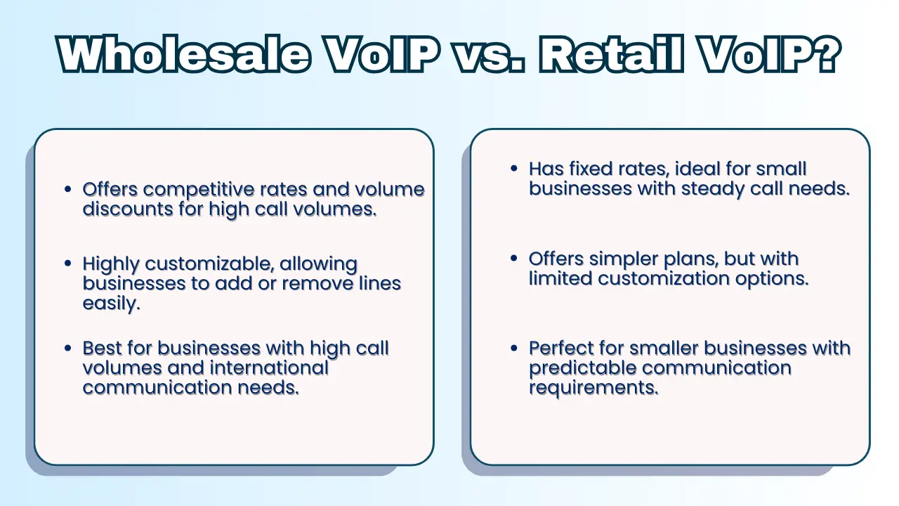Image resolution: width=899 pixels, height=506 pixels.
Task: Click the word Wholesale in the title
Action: tap(184, 55)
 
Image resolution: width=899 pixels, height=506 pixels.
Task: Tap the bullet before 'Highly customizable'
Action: tap(68, 264)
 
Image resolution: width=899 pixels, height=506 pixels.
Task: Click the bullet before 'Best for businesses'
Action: tap(68, 348)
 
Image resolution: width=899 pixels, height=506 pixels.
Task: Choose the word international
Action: tap(269, 368)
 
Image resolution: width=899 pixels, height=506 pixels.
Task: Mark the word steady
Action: tap(712, 190)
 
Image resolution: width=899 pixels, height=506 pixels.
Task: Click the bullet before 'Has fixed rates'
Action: tap(513, 168)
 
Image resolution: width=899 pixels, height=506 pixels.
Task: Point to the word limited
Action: tap(560, 278)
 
